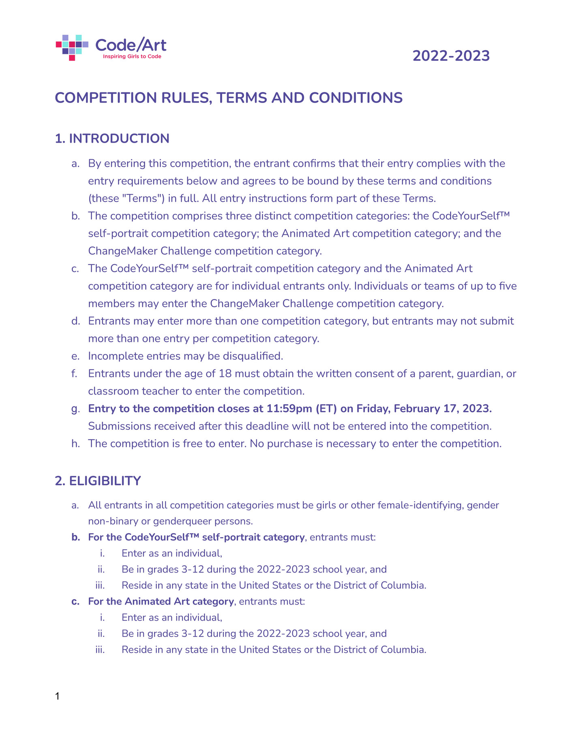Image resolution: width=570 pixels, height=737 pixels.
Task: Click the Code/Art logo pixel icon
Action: (x=72, y=47)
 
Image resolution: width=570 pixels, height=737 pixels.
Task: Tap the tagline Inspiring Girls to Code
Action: (x=132, y=57)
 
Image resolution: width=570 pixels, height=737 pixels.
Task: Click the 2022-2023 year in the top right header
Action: (x=451, y=56)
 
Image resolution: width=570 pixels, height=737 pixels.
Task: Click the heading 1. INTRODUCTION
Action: (x=112, y=138)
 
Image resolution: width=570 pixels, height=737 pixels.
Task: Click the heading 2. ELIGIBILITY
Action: (x=98, y=481)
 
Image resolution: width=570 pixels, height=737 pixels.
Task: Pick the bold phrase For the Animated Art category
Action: (x=161, y=601)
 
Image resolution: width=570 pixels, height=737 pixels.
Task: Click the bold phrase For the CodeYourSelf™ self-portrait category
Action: (x=196, y=537)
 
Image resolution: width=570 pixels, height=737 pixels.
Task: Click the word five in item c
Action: (x=508, y=286)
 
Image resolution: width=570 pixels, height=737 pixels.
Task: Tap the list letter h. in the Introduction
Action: (x=75, y=444)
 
